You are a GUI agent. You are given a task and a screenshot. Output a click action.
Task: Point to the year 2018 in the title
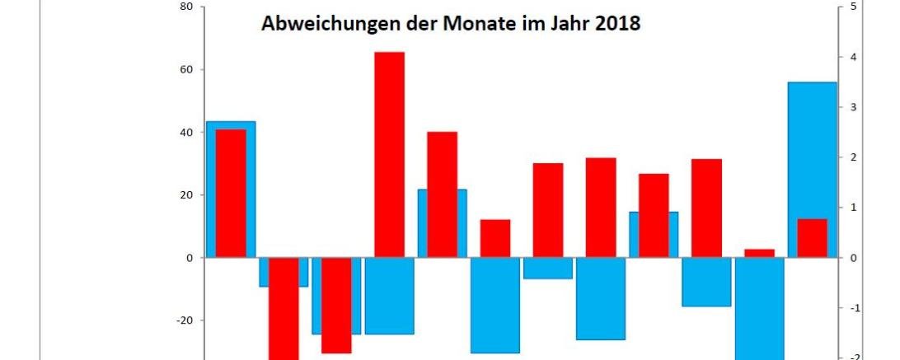[x=617, y=24]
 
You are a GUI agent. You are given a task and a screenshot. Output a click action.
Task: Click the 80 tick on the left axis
[x=186, y=7]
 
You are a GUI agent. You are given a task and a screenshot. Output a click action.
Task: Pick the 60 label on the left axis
[x=186, y=70]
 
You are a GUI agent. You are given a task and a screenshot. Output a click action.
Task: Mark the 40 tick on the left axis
[x=186, y=133]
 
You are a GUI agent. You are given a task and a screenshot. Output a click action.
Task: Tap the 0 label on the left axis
[x=190, y=258]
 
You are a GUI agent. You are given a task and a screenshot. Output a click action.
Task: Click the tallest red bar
[x=389, y=155]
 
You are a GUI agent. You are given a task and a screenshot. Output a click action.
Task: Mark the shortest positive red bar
[x=759, y=253]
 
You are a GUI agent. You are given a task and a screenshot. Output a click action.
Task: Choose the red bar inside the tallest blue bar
[x=812, y=238]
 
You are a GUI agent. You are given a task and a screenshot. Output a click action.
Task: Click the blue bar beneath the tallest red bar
[x=389, y=296]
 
